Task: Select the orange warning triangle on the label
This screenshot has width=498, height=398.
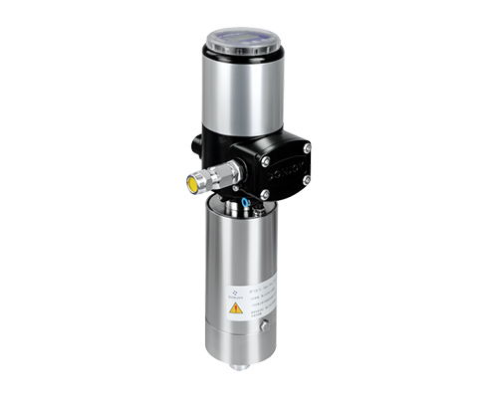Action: point(235,308)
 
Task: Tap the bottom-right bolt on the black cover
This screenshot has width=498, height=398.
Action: point(306,180)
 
